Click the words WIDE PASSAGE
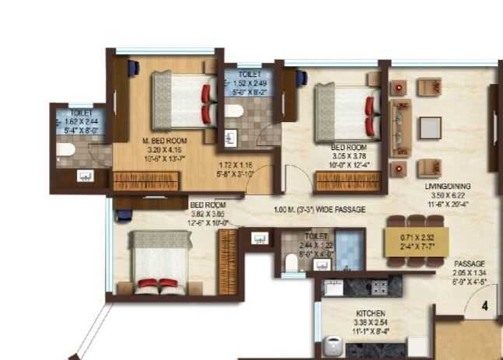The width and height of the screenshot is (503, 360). point(338,209)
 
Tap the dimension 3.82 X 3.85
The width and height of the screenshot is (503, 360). point(208,212)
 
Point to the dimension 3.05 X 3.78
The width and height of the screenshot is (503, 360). point(348,155)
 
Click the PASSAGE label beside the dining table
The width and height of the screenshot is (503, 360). point(470,264)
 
